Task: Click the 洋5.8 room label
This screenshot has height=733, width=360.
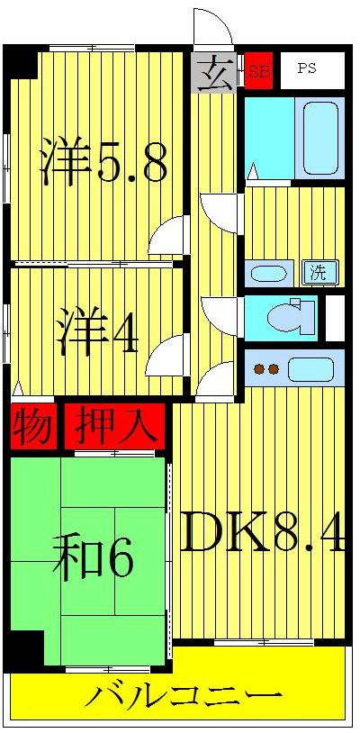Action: pos(103,161)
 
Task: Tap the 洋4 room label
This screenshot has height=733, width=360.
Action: pos(97,330)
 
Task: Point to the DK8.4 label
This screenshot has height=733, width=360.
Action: pos(264,531)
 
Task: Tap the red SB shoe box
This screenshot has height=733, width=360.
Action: pos(258,70)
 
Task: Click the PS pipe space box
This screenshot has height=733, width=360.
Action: pos(312,70)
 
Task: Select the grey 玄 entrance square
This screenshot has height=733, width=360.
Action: pos(214,72)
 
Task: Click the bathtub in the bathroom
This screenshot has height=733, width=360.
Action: pos(319,138)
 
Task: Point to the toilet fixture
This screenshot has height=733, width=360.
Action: pos(291,317)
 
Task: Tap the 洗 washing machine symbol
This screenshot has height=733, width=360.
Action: pos(320,272)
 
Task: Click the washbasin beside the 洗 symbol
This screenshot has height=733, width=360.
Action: pos(268,273)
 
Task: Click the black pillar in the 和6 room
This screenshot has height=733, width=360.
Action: pos(27,648)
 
